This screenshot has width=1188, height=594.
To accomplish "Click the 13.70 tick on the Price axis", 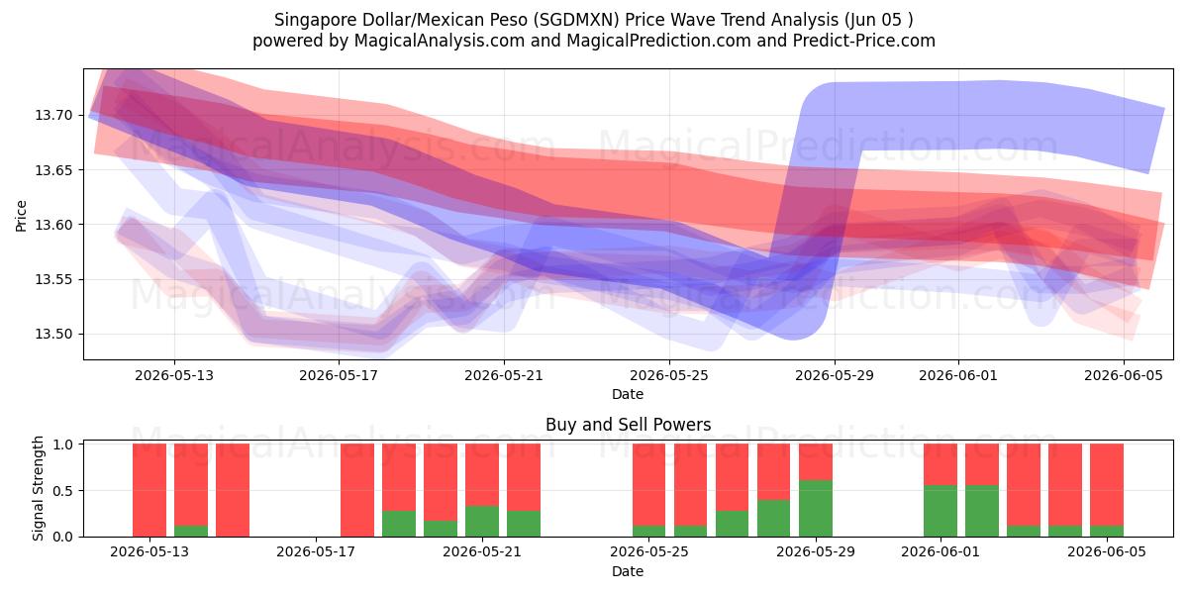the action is coord(53,115).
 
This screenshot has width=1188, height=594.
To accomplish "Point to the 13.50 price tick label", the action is coord(53,335).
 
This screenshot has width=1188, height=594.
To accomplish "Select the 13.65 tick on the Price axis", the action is coord(53,170).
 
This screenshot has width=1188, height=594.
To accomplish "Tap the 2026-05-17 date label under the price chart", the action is coord(339,375).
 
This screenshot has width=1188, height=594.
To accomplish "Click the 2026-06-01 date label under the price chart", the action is coord(958,375).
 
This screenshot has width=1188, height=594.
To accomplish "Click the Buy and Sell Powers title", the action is coord(628,425).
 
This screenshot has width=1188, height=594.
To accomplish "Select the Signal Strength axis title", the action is coord(38,488).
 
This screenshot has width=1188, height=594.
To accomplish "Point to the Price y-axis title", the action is coord(21,216).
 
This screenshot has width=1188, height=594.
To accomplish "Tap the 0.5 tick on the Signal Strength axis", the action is coord(63,491).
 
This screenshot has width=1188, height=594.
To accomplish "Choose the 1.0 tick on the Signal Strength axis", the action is coord(63,445).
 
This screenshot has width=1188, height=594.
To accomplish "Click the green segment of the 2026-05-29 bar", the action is coord(815,508).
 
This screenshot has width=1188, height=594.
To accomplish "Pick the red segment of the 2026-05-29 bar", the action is coord(815,462).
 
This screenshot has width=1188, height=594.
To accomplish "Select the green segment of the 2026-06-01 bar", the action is coord(940,511).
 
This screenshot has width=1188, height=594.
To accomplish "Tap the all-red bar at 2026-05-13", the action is coord(149,490).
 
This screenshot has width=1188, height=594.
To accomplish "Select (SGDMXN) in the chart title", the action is coord(576,20).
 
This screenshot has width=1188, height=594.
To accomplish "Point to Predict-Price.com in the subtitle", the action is coord(864,41).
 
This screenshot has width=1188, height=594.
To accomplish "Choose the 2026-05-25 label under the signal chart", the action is coord(649,551).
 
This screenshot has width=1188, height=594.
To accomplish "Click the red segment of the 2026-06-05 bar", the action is coord(1107,485).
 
